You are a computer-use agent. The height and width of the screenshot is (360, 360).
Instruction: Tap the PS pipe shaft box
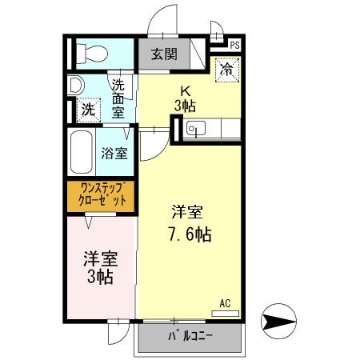(234, 45)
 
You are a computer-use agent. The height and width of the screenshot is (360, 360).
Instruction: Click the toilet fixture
(93, 53)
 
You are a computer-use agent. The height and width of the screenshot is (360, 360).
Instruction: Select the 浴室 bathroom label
(115, 154)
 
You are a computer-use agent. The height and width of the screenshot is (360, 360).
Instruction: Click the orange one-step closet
(102, 196)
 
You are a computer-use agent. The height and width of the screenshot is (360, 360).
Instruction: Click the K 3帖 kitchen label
(185, 98)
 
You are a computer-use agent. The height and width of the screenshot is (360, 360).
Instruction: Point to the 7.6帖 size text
(189, 235)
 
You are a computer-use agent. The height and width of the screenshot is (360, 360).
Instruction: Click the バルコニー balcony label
(190, 336)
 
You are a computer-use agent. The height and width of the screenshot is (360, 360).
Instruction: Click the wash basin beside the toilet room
(75, 84)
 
